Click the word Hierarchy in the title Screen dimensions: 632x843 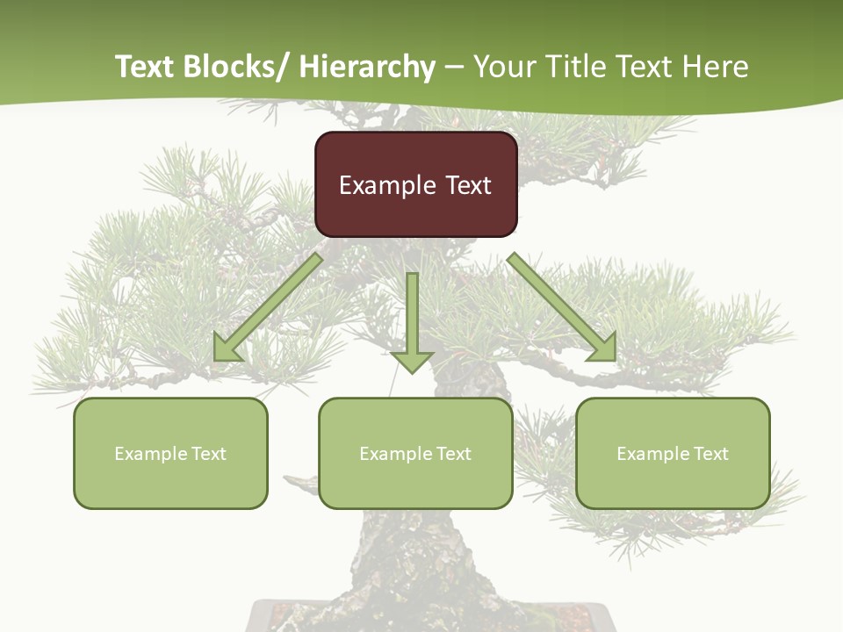367,67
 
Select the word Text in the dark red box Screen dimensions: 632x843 468,185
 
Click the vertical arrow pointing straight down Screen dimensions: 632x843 412,316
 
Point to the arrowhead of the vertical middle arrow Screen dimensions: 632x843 412,361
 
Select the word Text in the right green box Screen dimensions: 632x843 710,454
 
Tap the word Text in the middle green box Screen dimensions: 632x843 453,454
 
